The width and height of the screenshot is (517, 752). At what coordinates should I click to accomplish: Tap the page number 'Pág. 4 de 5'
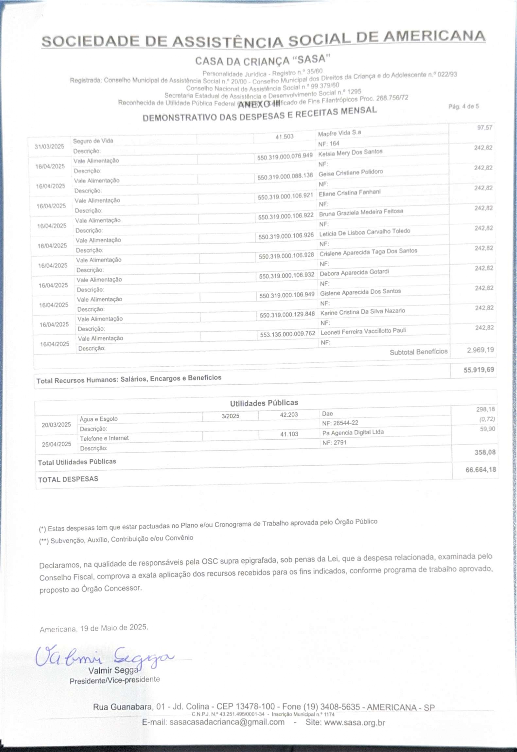(x=463, y=107)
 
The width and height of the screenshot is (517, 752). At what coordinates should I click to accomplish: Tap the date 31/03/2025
(x=50, y=146)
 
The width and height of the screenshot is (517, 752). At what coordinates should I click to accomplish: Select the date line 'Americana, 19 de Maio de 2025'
(x=94, y=628)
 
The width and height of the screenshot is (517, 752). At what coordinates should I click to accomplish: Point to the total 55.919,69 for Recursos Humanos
(x=478, y=370)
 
